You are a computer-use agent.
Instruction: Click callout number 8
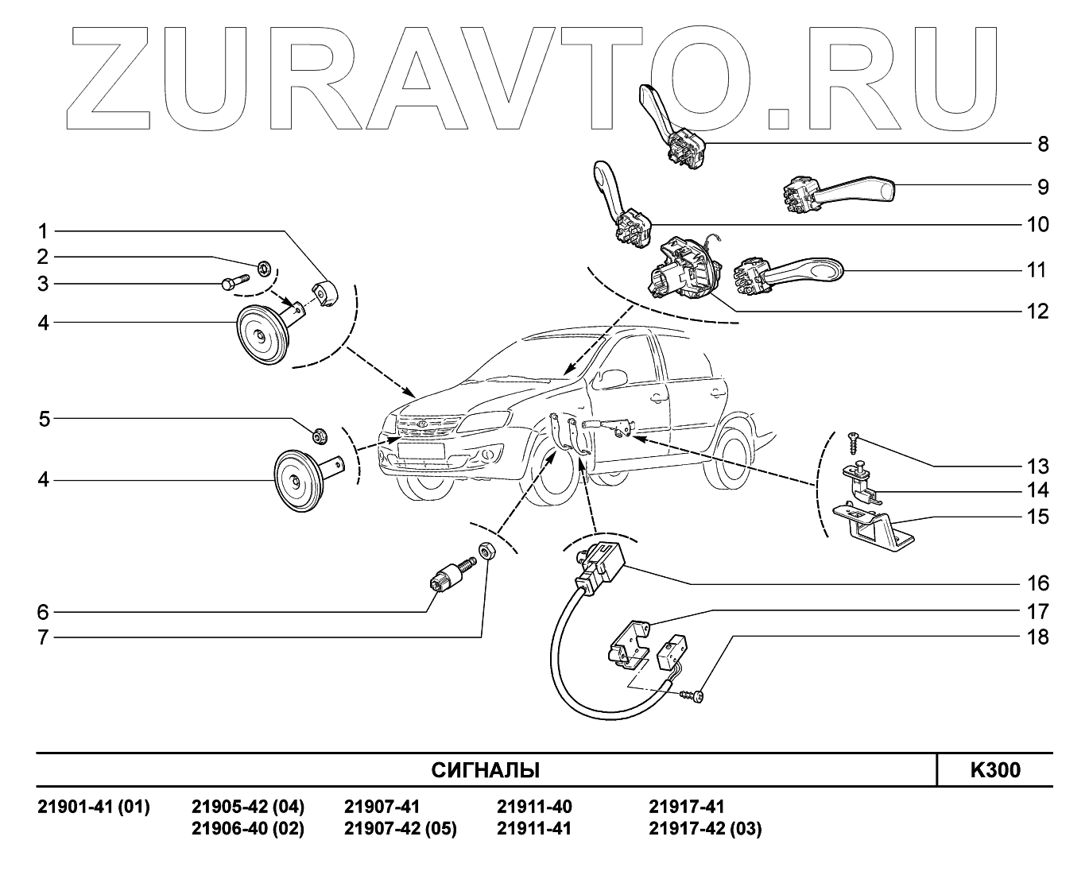(x=1043, y=145)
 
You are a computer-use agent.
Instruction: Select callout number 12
(x=1038, y=311)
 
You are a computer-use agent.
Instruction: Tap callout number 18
(x=1038, y=637)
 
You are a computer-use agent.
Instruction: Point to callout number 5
(x=45, y=419)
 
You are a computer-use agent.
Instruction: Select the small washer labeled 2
(x=263, y=266)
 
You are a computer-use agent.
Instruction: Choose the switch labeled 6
(x=450, y=575)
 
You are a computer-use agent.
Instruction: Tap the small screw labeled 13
(x=854, y=436)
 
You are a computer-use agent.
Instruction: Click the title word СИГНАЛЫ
(x=485, y=771)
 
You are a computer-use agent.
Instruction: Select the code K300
(x=994, y=771)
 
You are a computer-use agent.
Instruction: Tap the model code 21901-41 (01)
(x=94, y=807)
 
